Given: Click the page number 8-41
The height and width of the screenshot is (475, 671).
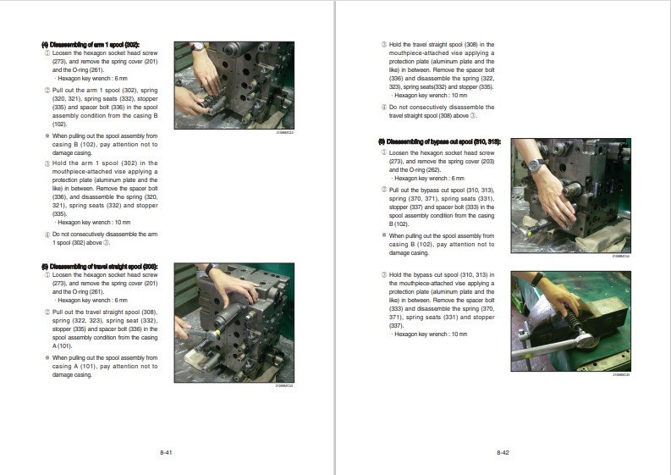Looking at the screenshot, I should click(x=167, y=453).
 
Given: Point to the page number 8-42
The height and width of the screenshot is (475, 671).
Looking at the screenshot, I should click(x=503, y=453).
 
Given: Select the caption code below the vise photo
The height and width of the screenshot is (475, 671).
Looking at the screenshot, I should click(x=621, y=374).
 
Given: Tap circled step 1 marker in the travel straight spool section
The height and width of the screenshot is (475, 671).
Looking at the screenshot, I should click(x=47, y=275).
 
